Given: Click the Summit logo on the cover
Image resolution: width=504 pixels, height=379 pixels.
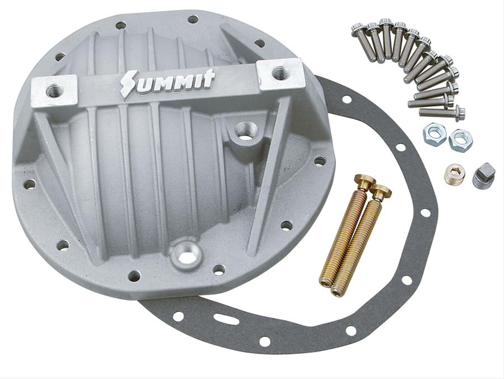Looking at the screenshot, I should click(x=167, y=83).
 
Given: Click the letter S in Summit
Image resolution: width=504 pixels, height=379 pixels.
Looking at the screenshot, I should click(x=129, y=86).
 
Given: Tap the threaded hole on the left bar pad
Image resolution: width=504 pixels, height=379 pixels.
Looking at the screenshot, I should click(x=54, y=90).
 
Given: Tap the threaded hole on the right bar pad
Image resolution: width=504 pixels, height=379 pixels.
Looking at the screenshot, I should click(x=279, y=73).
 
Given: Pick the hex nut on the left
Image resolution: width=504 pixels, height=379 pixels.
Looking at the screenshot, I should click(x=435, y=134).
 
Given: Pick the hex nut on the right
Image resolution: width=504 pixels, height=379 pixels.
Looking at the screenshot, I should click(x=460, y=139).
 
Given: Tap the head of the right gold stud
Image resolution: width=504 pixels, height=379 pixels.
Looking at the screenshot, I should click(x=381, y=192).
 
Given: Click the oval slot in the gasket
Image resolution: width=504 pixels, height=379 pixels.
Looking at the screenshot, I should click(x=226, y=319).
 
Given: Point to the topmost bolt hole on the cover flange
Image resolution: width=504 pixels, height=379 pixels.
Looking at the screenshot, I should click(x=193, y=20).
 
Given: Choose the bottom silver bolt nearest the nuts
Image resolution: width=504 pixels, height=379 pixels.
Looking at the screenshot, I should click(x=442, y=113).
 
